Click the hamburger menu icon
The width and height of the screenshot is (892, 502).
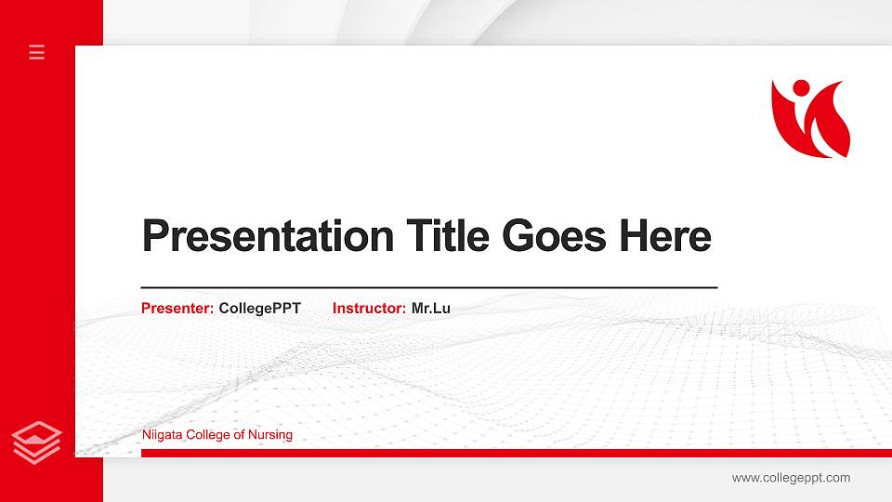(37, 53)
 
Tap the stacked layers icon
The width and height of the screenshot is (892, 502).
(37, 441)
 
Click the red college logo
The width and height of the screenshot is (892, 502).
(810, 118)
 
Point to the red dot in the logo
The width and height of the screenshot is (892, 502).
(800, 88)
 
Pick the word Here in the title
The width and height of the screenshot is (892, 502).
(665, 236)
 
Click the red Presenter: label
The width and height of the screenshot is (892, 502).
(177, 308)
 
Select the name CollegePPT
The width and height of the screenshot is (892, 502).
(260, 308)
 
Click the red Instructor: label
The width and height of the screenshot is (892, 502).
(369, 308)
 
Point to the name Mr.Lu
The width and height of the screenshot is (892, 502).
(431, 308)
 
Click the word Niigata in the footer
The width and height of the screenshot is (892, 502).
(162, 434)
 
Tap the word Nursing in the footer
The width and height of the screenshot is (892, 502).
(270, 434)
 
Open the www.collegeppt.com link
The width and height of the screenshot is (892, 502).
(791, 478)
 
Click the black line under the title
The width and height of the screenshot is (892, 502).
(428, 287)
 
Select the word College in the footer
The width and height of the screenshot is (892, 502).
(208, 434)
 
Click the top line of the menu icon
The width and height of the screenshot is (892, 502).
(37, 46)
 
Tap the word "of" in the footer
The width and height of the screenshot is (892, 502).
(238, 434)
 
